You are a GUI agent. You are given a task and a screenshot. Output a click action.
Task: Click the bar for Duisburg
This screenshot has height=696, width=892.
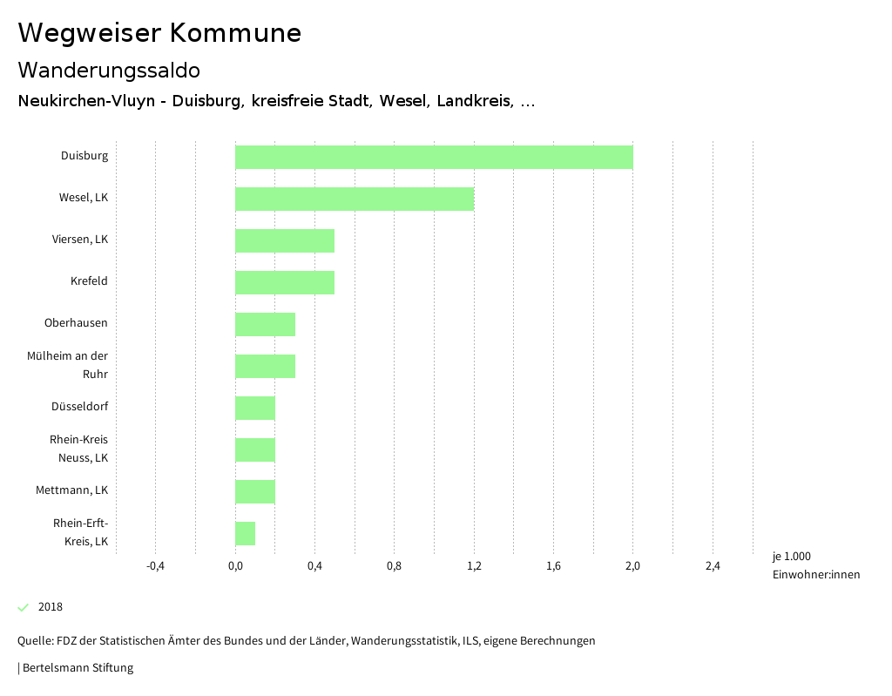pyautogui.click(x=434, y=157)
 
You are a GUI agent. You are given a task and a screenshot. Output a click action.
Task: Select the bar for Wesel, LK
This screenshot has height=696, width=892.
pyautogui.click(x=355, y=199)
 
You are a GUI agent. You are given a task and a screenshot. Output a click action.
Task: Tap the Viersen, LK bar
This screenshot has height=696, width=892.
pyautogui.click(x=285, y=240)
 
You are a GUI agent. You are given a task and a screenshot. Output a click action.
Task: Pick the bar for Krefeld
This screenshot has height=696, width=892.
pyautogui.click(x=285, y=282)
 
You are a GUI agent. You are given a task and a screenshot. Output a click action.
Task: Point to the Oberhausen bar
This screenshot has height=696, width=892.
pyautogui.click(x=265, y=324)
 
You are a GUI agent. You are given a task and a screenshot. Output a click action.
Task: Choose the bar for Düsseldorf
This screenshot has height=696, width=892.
pyautogui.click(x=255, y=408)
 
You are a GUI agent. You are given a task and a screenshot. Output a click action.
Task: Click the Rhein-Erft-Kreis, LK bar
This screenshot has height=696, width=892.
pyautogui.click(x=245, y=533)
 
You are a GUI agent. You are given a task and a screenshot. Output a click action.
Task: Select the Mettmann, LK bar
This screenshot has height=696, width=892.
pyautogui.click(x=255, y=491)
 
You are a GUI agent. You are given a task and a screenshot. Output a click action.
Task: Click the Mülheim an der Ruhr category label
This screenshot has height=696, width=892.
pyautogui.click(x=79, y=365)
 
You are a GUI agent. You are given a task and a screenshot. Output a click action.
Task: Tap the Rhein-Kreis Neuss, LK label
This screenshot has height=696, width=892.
pyautogui.click(x=79, y=449)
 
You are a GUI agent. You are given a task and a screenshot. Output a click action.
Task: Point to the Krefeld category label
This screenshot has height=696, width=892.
pyautogui.click(x=89, y=281)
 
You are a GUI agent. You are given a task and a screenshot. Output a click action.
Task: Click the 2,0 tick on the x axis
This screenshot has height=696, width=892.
pyautogui.click(x=633, y=566)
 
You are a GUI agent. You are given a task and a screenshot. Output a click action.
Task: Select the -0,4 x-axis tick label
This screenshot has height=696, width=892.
pyautogui.click(x=155, y=566)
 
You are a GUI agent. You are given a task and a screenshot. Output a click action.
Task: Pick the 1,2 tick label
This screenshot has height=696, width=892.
pyautogui.click(x=474, y=566)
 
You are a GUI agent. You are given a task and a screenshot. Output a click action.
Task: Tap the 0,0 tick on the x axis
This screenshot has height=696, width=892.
pyautogui.click(x=235, y=566)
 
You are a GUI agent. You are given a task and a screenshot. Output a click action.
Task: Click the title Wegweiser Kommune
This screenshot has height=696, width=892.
pyautogui.click(x=159, y=33)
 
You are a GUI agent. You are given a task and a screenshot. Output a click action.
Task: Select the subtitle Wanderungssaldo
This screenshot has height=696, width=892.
pyautogui.click(x=109, y=70)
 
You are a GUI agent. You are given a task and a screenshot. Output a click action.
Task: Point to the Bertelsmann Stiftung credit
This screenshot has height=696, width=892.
pyautogui.click(x=77, y=668)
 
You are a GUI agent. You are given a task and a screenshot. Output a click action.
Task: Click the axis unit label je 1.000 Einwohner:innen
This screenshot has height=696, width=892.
pyautogui.click(x=815, y=565)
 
